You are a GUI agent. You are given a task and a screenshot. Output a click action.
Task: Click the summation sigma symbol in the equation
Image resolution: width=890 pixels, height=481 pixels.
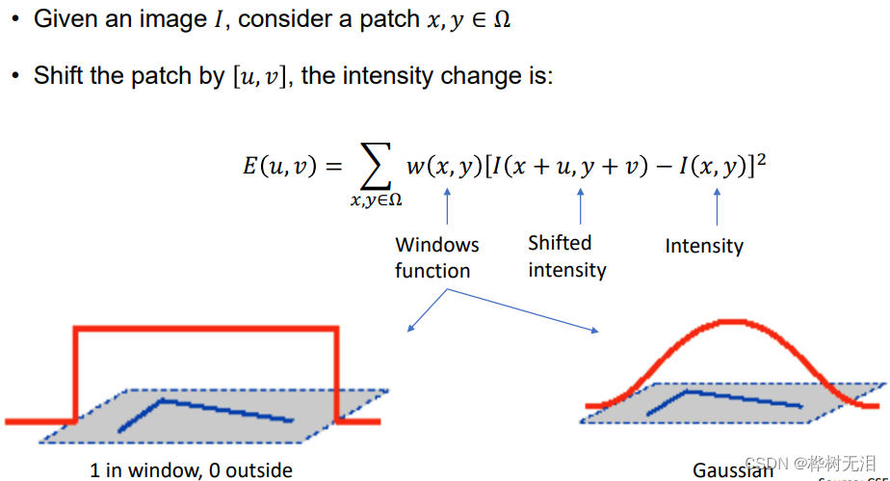click(376, 167)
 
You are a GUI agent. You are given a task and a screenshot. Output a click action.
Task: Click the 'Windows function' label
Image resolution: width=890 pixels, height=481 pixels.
click(436, 257)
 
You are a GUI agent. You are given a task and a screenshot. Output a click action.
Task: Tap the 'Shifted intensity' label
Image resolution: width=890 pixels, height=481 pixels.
click(566, 256)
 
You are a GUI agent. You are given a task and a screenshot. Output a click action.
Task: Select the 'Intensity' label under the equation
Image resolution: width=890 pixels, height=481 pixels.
click(703, 246)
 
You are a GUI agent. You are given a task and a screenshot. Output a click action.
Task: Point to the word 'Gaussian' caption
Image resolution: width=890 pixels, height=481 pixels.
click(732, 470)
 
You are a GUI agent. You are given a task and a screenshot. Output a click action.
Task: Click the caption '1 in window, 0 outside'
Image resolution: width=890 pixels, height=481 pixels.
click(191, 470)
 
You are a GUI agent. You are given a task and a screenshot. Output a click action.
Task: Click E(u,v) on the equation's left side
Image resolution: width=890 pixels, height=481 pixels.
click(279, 166)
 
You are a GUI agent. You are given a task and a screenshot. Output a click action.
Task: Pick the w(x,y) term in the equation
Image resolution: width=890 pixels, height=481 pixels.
click(444, 166)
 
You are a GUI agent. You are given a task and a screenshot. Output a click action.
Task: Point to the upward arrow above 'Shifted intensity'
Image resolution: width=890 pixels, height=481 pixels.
click(580, 203)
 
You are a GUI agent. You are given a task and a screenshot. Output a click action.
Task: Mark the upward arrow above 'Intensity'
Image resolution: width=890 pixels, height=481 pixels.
click(716, 203)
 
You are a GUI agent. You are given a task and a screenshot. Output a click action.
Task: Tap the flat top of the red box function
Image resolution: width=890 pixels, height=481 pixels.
click(207, 330)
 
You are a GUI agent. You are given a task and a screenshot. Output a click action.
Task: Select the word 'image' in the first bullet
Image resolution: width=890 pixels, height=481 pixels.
click(189, 19)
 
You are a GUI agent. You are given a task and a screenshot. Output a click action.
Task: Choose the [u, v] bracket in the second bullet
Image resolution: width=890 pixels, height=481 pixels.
click(262, 76)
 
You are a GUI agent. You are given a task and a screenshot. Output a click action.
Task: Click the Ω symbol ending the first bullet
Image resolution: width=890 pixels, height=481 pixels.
click(501, 19)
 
